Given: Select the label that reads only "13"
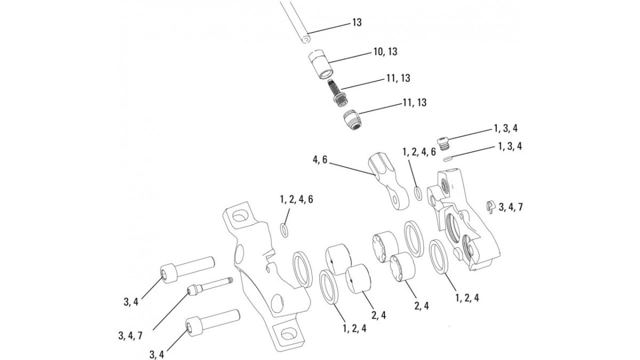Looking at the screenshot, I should tap(357, 22).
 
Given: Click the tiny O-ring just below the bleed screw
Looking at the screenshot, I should tap(447, 157).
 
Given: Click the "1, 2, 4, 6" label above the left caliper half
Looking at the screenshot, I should tap(296, 199).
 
